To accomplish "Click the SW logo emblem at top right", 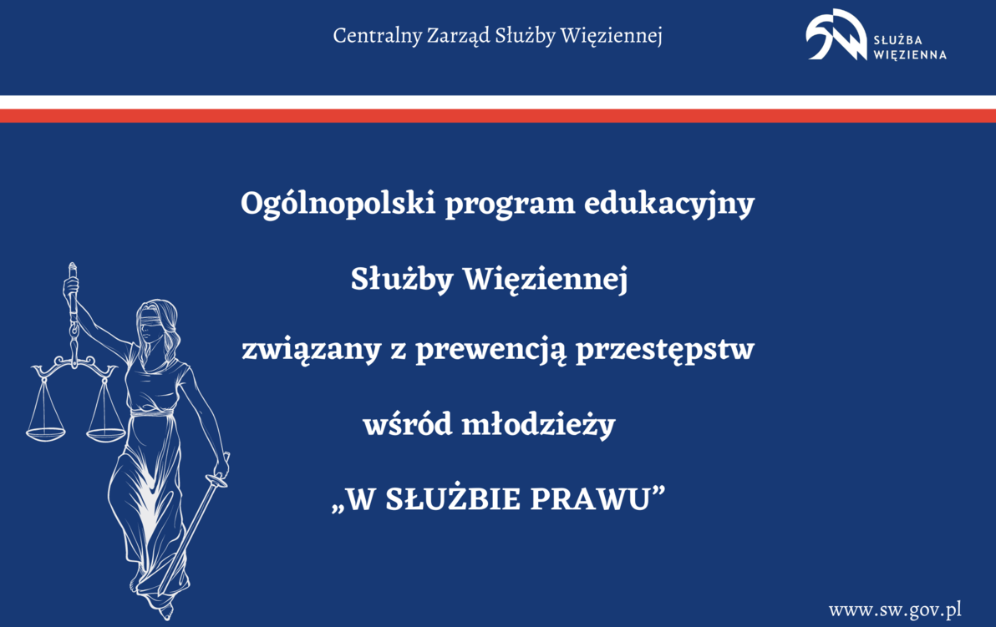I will pos(836,35).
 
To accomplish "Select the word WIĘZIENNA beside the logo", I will pos(910,55).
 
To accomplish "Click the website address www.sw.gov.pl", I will pos(895,609).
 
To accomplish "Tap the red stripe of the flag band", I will pos(498,116).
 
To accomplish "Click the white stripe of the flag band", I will pos(498,102).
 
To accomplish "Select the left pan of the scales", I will pos(46,433).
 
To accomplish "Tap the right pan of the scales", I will pos(106,433).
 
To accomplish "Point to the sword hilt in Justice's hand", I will pos(220,476).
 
